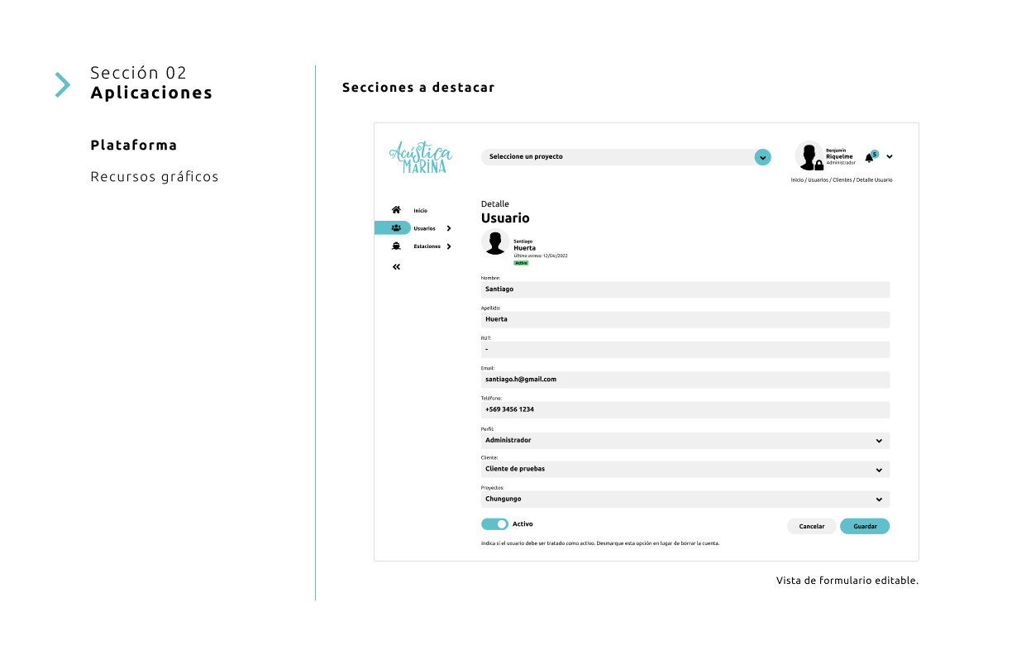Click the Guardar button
tap(864, 526)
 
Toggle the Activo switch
tap(494, 524)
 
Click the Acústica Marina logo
tap(421, 157)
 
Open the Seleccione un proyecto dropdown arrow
tap(762, 157)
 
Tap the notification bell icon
tap(869, 157)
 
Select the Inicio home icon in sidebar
tap(396, 210)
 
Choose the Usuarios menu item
tap(424, 228)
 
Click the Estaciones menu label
tap(427, 246)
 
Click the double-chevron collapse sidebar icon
tap(396, 266)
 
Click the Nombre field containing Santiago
tap(685, 289)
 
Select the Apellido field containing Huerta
tap(685, 319)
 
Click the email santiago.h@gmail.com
tap(521, 380)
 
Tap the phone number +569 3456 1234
tap(509, 409)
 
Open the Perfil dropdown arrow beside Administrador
tap(879, 441)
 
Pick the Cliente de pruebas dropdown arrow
tap(879, 470)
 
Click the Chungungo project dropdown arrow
tap(879, 500)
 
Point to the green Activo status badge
tap(521, 263)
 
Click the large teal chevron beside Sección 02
tap(62, 84)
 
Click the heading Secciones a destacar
tap(418, 88)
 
